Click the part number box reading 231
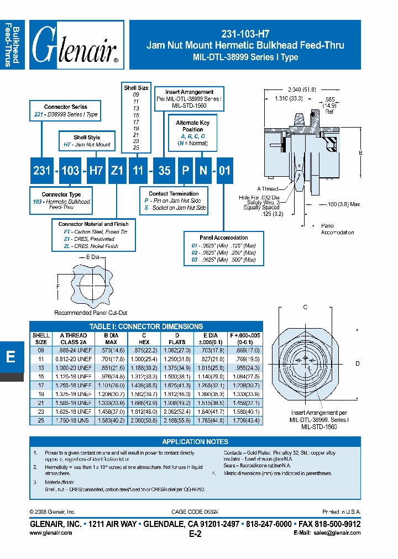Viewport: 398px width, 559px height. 42,171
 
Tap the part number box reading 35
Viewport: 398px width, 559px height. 164,171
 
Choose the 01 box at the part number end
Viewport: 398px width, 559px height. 224,171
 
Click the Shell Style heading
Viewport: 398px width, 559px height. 87,138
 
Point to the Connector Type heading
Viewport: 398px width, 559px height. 61,194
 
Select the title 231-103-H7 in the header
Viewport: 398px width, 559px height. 245,34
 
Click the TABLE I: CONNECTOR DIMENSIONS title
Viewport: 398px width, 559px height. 146,326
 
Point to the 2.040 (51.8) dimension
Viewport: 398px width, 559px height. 301,89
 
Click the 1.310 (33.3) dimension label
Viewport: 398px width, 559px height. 288,98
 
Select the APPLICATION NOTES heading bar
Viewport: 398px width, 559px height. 195,442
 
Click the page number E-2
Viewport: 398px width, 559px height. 195,534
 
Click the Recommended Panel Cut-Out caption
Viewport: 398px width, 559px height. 91,313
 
